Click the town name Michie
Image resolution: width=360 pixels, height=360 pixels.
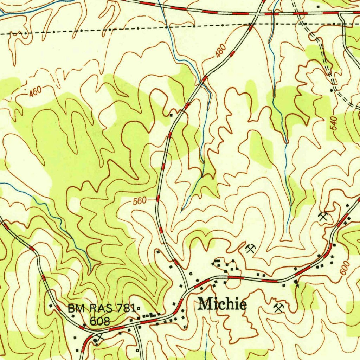click(x=222, y=304)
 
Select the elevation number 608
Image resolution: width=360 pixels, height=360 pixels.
click(x=100, y=321)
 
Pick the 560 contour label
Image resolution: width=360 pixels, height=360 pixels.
click(x=140, y=201)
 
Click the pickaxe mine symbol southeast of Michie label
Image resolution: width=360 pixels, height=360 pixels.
click(x=278, y=308)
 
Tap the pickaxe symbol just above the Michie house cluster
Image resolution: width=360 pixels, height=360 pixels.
click(x=250, y=249)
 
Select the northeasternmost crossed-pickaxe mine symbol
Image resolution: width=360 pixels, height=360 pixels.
click(x=323, y=216)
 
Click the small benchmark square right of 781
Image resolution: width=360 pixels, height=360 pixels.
click(x=139, y=309)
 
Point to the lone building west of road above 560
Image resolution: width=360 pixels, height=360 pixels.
click(x=171, y=115)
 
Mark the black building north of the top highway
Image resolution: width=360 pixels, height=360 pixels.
click(x=318, y=7)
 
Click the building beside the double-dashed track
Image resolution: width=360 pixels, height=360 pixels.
click(x=331, y=90)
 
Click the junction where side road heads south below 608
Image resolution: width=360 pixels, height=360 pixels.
click(x=136, y=327)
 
